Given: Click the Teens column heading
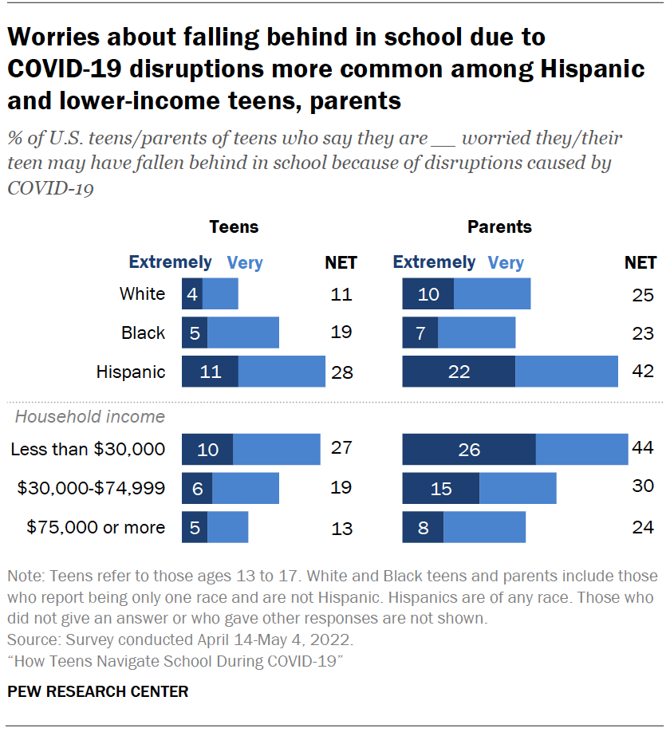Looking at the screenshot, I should tap(234, 227).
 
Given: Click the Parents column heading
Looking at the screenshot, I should tap(499, 227).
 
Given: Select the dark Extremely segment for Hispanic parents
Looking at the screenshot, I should tap(459, 372).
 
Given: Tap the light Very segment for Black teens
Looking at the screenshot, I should tap(243, 333).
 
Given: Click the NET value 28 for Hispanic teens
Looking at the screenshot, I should tap(341, 372).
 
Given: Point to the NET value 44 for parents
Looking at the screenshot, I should tap(642, 449).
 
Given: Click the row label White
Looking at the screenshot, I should tap(142, 294).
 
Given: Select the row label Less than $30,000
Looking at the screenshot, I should tap(88, 450).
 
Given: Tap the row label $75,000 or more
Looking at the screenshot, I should tap(96, 527).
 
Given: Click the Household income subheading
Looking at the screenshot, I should tap(90, 416).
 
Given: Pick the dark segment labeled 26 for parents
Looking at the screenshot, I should tap(469, 450).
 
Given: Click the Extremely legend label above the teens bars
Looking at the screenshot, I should tap(170, 262).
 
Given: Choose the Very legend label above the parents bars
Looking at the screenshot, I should tap(506, 262).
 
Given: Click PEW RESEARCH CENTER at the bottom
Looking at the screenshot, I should tap(98, 691).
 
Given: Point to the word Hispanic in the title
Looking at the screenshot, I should tap(574, 69).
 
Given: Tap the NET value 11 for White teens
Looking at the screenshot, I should tap(341, 294).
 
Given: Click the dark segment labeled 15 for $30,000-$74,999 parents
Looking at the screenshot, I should tap(441, 488).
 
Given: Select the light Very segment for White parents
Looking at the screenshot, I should tap(492, 294).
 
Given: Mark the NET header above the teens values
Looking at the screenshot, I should tap(341, 262).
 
